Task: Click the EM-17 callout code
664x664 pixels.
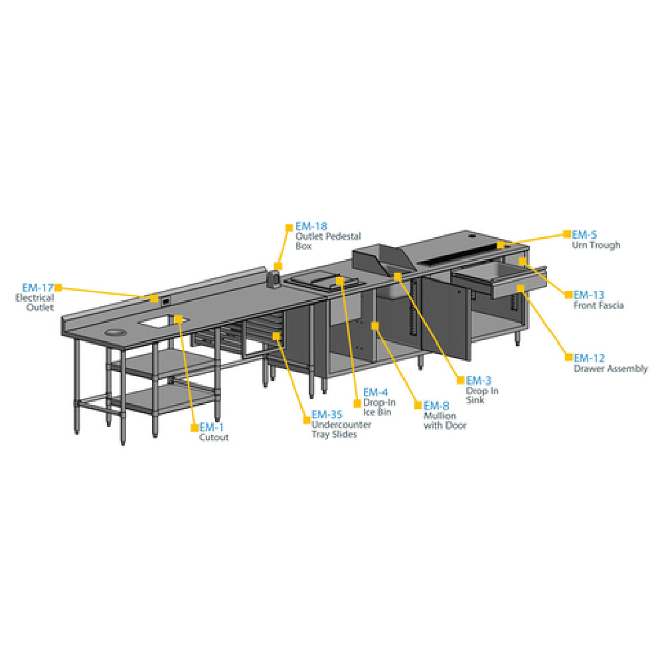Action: click(x=38, y=288)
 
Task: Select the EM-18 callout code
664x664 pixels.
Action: click(x=311, y=226)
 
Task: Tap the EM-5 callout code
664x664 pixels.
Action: click(x=584, y=234)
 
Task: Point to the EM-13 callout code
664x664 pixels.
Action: click(x=589, y=294)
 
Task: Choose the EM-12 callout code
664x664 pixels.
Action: click(x=589, y=358)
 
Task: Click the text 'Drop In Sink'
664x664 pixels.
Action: click(x=482, y=395)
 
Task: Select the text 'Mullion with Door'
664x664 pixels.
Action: click(x=444, y=420)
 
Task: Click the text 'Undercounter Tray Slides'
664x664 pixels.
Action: click(x=341, y=430)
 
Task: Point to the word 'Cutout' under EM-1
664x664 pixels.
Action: click(x=214, y=438)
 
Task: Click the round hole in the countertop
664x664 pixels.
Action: click(x=115, y=331)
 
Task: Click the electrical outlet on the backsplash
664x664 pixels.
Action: click(x=165, y=301)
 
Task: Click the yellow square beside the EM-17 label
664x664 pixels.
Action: click(x=58, y=288)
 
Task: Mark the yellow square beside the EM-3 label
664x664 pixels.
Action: click(x=459, y=380)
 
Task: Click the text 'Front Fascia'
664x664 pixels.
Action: click(x=598, y=305)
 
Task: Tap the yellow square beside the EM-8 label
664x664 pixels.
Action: click(x=418, y=405)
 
